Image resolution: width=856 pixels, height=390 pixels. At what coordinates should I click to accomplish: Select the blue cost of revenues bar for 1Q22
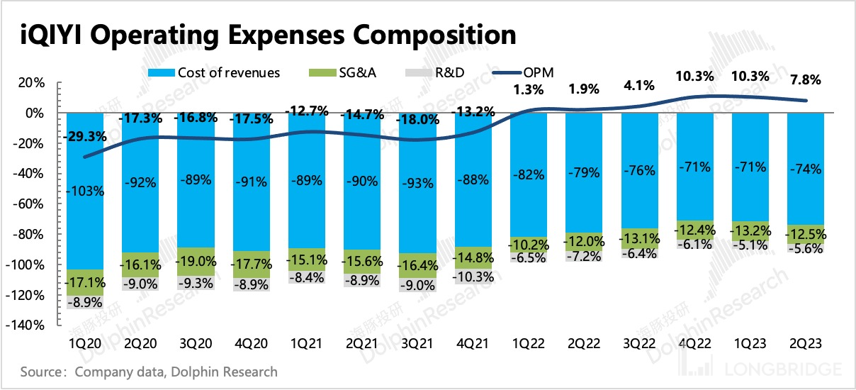pyautogui.click(x=529, y=174)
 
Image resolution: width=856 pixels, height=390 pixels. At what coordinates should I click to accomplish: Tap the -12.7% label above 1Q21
pyautogui.click(x=306, y=111)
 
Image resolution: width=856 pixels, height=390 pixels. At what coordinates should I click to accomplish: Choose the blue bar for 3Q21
pyautogui.click(x=417, y=183)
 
